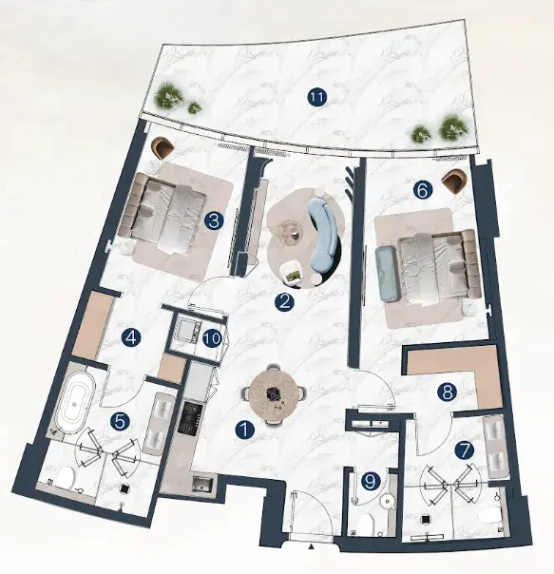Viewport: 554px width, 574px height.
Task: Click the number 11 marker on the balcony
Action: click(x=317, y=98)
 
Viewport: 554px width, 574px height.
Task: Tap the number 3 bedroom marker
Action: click(x=214, y=221)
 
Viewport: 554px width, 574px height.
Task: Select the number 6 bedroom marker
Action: click(x=423, y=190)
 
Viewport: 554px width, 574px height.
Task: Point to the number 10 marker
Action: click(x=213, y=338)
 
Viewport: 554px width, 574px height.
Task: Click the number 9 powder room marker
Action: click(x=371, y=481)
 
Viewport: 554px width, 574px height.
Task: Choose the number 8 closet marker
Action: click(x=447, y=392)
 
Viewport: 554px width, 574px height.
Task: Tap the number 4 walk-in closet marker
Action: click(x=131, y=337)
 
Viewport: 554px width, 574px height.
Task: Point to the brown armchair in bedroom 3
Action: click(x=164, y=146)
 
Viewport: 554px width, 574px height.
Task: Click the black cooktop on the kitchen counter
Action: click(x=189, y=417)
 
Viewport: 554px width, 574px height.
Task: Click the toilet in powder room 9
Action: click(x=365, y=525)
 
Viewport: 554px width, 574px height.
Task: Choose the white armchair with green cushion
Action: click(x=291, y=273)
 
